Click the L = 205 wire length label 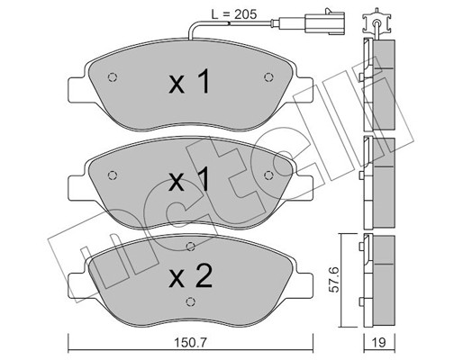pos(234,14)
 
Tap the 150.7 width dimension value pos(191,342)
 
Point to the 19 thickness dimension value pos(379,342)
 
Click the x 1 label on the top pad pos(189,81)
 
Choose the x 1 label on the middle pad pos(189,179)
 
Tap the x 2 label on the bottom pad pos(191,276)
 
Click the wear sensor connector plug pos(324,22)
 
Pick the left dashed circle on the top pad pos(113,77)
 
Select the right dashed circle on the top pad pos(268,77)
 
